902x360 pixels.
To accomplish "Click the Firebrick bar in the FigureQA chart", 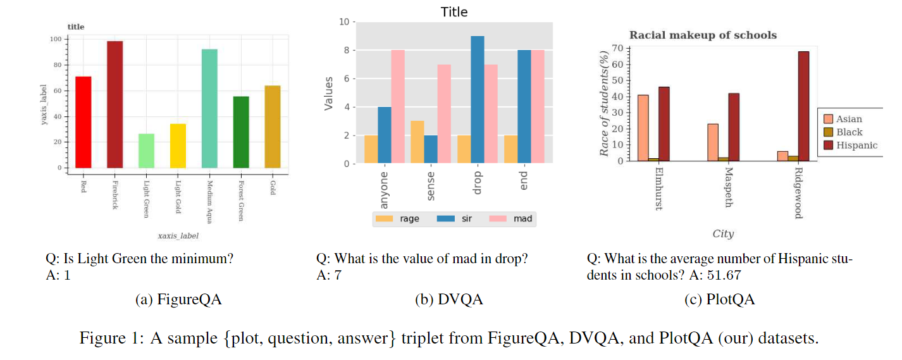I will pyautogui.click(x=114, y=104).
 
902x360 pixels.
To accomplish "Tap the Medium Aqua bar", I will pyautogui.click(x=209, y=108).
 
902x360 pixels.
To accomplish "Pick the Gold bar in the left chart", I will pyautogui.click(x=273, y=127).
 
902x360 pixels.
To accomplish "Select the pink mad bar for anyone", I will pyautogui.click(x=398, y=107).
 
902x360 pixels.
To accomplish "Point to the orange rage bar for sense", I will pyautogui.click(x=417, y=142).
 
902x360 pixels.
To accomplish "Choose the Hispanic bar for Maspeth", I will pyautogui.click(x=734, y=127).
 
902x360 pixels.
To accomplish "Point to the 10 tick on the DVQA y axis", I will pyautogui.click(x=344, y=22).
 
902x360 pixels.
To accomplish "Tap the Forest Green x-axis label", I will pyautogui.click(x=241, y=202).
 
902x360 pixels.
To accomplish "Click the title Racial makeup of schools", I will pyautogui.click(x=703, y=35).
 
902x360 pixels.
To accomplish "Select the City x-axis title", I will pyautogui.click(x=723, y=233).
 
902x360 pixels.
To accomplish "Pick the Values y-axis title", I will pyautogui.click(x=329, y=92).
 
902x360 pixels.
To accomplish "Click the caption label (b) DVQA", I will pyautogui.click(x=448, y=300).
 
